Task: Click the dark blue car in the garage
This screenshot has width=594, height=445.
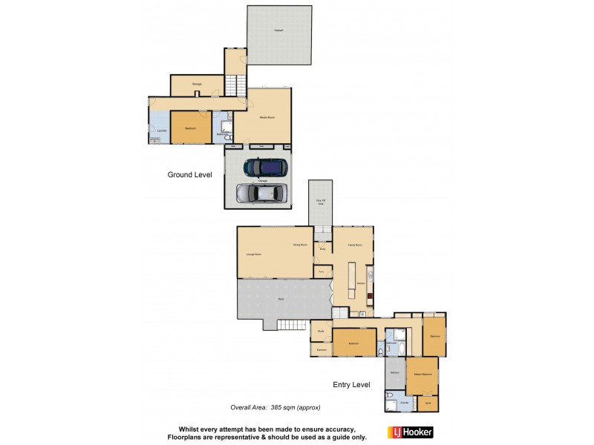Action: click(x=264, y=168)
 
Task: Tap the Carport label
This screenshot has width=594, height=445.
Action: click(x=278, y=30)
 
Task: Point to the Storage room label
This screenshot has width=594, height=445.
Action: click(x=197, y=84)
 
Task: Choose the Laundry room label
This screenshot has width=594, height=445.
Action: click(x=161, y=130)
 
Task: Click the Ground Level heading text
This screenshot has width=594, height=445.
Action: click(x=189, y=175)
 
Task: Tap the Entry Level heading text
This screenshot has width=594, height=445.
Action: click(x=351, y=385)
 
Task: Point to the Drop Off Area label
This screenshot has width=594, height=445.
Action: click(x=321, y=202)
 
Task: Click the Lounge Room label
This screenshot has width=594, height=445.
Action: click(x=253, y=254)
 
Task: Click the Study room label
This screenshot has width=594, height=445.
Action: click(x=321, y=332)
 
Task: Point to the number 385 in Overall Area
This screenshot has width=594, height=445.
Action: click(x=279, y=408)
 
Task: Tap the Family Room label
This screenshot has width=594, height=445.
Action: click(x=355, y=244)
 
